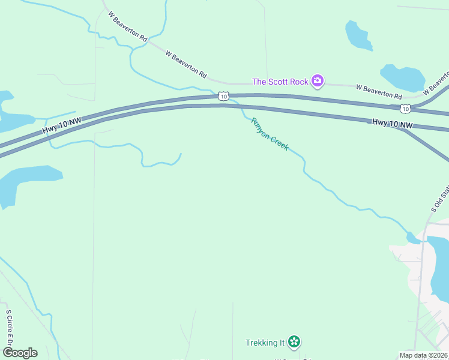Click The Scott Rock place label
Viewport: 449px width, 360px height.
[280, 82]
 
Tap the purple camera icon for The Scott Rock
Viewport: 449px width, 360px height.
[318, 81]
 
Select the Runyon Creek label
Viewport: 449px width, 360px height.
[270, 134]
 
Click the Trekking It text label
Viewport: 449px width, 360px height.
[265, 343]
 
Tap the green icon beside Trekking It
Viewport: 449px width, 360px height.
[294, 342]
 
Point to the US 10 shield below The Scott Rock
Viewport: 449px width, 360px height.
[223, 96]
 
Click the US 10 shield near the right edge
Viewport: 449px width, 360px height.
[406, 109]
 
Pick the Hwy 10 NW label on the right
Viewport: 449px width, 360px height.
[393, 123]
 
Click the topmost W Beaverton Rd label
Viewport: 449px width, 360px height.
[128, 28]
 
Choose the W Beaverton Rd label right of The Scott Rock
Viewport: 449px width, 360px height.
[379, 91]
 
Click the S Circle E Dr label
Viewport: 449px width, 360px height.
[9, 327]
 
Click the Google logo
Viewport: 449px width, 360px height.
[20, 352]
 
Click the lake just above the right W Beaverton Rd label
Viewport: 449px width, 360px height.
[402, 77]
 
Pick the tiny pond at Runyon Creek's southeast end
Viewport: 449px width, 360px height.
[413, 238]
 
